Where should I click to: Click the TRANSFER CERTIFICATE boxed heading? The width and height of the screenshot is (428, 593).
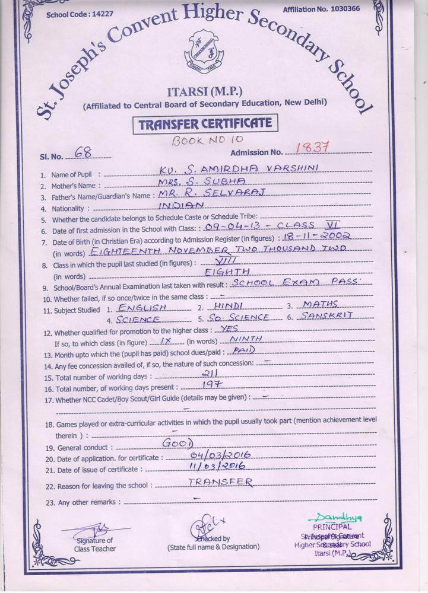tap(205, 125)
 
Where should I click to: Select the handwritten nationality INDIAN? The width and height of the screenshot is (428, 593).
tap(182, 205)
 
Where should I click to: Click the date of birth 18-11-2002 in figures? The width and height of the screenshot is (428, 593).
tap(326, 236)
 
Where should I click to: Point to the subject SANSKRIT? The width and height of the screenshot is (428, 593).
tap(326, 316)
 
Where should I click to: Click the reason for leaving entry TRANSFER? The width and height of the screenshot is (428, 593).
tap(220, 482)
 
